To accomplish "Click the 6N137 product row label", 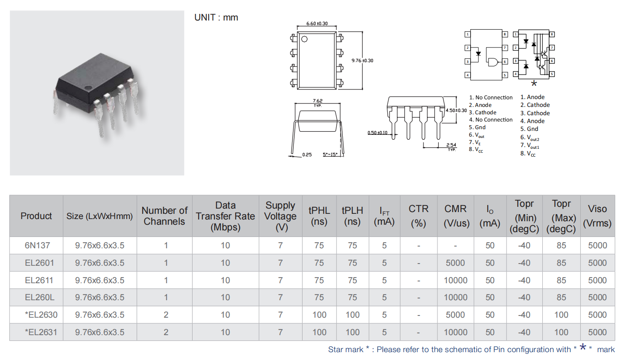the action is pos(37,245).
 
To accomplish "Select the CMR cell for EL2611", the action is pos(455,280).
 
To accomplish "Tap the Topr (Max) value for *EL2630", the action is pos(561,315).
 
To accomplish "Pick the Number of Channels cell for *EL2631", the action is pos(166,332).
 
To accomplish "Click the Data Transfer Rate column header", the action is pos(225,216).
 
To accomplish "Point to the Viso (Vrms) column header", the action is pos(597,216).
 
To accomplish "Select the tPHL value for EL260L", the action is pos(319,297).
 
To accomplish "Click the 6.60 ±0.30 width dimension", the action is pos(317,24).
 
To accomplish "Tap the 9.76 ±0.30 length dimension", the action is pos(362,60).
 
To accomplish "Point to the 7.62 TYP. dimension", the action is pos(317,103).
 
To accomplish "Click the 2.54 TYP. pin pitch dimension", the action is pos(451,147).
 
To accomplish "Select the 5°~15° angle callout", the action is pos(330,154).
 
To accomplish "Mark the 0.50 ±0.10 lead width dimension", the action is pos(378,133).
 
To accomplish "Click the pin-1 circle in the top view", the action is pos(304,39).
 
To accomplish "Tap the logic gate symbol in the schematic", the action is pos(493,62).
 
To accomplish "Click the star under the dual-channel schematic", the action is pos(534,83).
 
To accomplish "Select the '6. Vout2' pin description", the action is pos(530,137).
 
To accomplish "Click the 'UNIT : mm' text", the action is pos(216,17).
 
